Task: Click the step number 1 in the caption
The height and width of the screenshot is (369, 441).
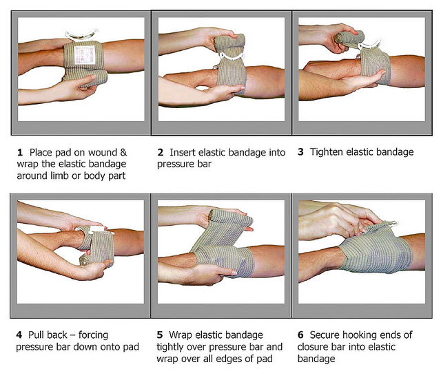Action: pyautogui.click(x=21, y=152)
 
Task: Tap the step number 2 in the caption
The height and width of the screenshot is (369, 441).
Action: pyautogui.click(x=161, y=152)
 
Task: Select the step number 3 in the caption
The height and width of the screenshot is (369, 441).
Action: pyautogui.click(x=300, y=152)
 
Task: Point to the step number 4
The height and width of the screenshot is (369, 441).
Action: pyautogui.click(x=21, y=335)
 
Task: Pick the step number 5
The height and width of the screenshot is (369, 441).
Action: pyautogui.click(x=161, y=335)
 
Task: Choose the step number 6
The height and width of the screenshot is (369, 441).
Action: pyautogui.click(x=300, y=335)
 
